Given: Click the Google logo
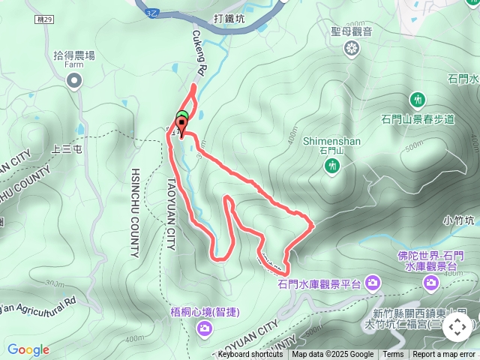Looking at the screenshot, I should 28,349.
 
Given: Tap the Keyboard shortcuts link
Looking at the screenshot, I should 250,355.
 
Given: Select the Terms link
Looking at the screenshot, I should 393,355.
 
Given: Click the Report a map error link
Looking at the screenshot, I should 444,355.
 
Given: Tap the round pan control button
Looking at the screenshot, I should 457,327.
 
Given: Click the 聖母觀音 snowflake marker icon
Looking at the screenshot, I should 351,49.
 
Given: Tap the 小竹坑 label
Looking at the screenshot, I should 459,220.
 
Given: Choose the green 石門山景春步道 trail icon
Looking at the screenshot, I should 418,99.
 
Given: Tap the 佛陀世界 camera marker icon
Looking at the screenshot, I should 431,282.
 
